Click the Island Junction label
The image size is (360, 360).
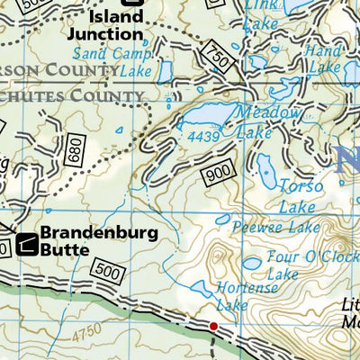(117, 25)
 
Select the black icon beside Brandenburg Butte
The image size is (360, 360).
(26, 242)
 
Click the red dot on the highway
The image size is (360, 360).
(213, 326)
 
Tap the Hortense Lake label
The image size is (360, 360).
(232, 296)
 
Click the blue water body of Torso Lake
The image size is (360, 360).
(266, 167)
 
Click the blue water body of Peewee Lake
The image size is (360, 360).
(223, 218)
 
